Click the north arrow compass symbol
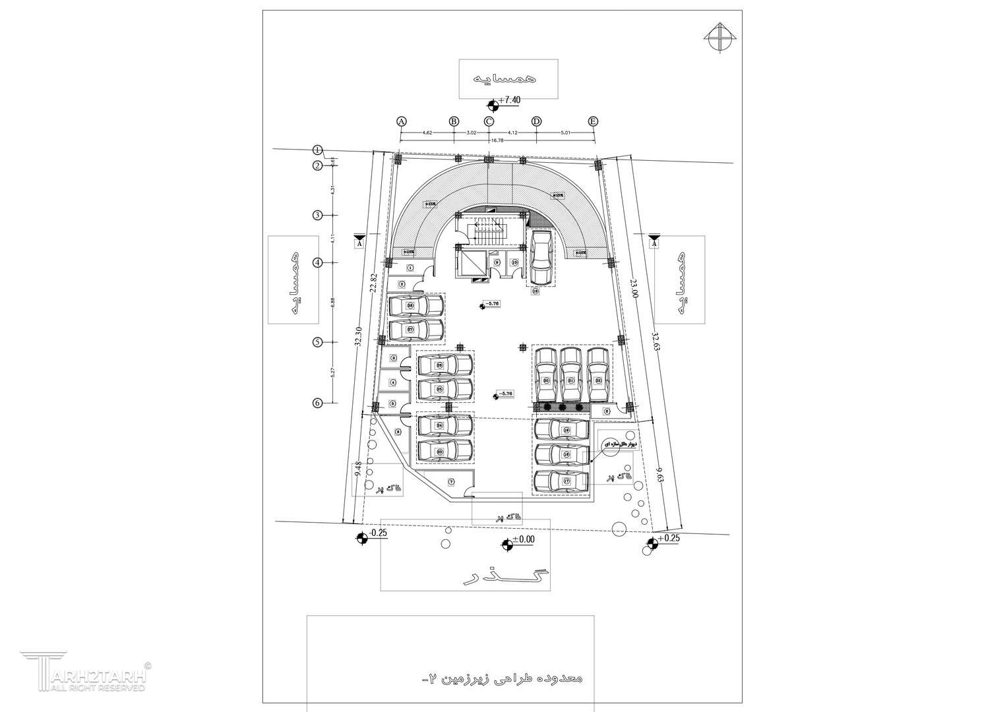720,36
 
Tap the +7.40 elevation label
509,100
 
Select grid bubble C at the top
489,121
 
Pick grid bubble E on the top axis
594,121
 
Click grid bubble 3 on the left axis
317,215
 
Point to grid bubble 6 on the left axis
317,403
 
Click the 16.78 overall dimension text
497,140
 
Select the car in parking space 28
415,306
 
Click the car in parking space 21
571,374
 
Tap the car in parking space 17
561,481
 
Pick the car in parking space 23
445,452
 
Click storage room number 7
451,482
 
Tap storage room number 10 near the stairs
515,262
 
